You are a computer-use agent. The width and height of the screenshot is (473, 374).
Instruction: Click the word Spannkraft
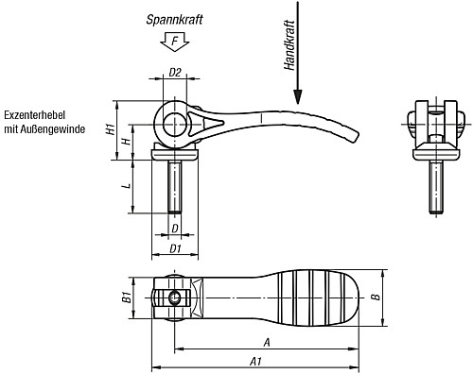point(174,20)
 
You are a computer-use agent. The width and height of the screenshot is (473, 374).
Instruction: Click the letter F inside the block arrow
point(175,41)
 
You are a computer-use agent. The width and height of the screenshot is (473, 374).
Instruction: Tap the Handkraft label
point(289,45)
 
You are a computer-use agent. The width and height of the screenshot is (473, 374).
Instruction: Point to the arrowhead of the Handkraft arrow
point(297,96)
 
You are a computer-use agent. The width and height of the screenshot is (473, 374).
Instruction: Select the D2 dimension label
point(175,73)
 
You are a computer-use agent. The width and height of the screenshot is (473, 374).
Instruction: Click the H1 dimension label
point(110,129)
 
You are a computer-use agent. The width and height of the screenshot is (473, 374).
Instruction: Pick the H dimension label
point(127,142)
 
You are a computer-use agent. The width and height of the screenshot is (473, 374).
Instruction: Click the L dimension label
point(127,185)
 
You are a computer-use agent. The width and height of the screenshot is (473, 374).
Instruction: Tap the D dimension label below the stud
point(175,229)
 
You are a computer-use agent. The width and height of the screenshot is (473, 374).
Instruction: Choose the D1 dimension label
point(175,248)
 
